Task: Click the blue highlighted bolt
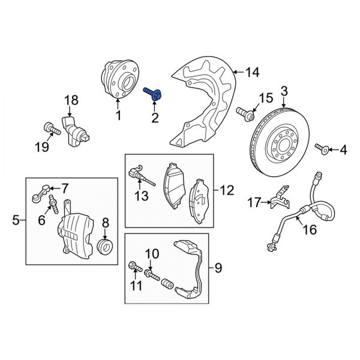(152, 94)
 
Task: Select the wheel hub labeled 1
(120, 79)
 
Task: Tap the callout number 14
(253, 72)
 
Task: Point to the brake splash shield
(202, 101)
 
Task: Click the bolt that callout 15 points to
(245, 115)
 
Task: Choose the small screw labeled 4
(322, 149)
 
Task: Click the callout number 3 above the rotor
(284, 91)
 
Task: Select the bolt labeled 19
(52, 128)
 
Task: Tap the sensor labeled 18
(75, 131)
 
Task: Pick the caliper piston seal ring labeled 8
(105, 247)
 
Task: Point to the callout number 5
(16, 220)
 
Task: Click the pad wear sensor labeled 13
(139, 174)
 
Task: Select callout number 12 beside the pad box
(227, 190)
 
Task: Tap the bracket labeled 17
(280, 198)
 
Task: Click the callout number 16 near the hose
(310, 229)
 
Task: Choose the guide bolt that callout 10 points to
(152, 275)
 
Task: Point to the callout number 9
(218, 268)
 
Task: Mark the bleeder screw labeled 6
(53, 204)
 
